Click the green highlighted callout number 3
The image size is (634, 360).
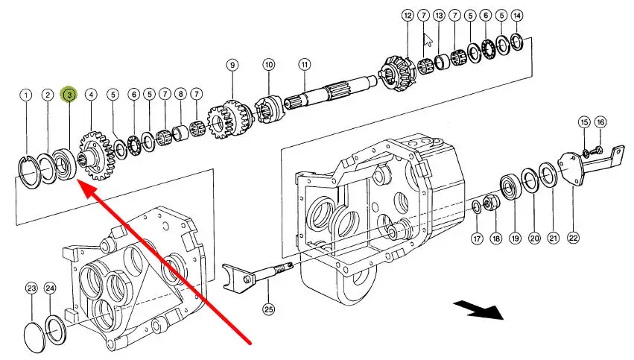pos(69,95)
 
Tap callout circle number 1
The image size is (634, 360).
pos(26,95)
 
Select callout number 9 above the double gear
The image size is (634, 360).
pos(232,66)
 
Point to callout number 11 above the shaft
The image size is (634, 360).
pos(304,64)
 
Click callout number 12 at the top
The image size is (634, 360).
pos(407,15)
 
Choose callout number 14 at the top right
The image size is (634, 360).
pos(517,15)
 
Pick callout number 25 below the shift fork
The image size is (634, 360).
pos(267,307)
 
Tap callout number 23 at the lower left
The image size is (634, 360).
pos(31,288)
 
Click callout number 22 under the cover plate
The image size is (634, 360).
pos(573,238)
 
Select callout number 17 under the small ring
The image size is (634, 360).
pos(477,239)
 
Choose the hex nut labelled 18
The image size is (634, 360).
pos(491,201)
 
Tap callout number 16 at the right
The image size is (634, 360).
pos(600,121)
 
